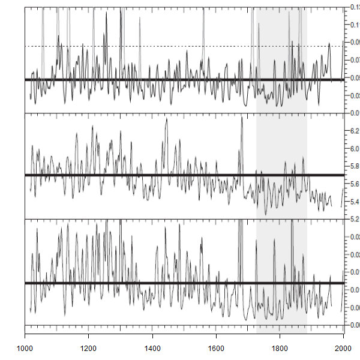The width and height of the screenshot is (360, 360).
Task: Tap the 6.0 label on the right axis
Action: click(x=355, y=149)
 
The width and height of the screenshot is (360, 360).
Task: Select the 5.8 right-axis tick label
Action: click(x=355, y=166)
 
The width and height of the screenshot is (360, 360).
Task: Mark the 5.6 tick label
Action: click(x=355, y=184)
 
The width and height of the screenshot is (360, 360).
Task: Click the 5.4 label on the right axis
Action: click(x=355, y=202)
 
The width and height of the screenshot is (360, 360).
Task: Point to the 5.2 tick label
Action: click(x=355, y=219)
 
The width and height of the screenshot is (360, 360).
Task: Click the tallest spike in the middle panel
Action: click(x=241, y=118)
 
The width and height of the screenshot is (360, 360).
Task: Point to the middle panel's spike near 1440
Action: click(x=166, y=119)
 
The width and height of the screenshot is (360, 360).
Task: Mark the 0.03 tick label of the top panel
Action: click(x=355, y=96)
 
